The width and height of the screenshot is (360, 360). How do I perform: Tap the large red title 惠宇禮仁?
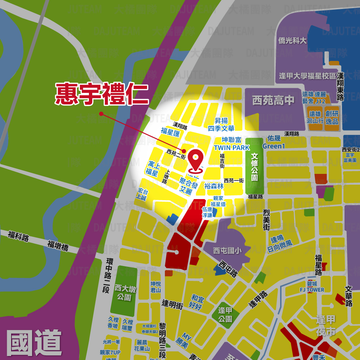click(102, 94)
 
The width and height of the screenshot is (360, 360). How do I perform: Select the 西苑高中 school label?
click(273, 100)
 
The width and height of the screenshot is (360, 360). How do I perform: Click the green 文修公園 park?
click(255, 167)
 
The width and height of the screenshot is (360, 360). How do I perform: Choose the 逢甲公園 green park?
click(225, 315)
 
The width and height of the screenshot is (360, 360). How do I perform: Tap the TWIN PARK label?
click(231, 148)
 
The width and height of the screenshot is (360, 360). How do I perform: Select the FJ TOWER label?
click(312, 289)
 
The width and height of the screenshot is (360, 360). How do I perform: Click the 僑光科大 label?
click(292, 41)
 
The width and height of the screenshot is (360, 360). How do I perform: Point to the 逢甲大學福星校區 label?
click(307, 76)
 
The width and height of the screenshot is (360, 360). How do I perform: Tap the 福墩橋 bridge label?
click(58, 246)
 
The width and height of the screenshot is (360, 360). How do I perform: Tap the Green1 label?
click(274, 146)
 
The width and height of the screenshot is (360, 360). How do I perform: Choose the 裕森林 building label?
click(214, 186)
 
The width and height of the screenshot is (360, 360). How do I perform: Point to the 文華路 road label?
click(348, 296)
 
